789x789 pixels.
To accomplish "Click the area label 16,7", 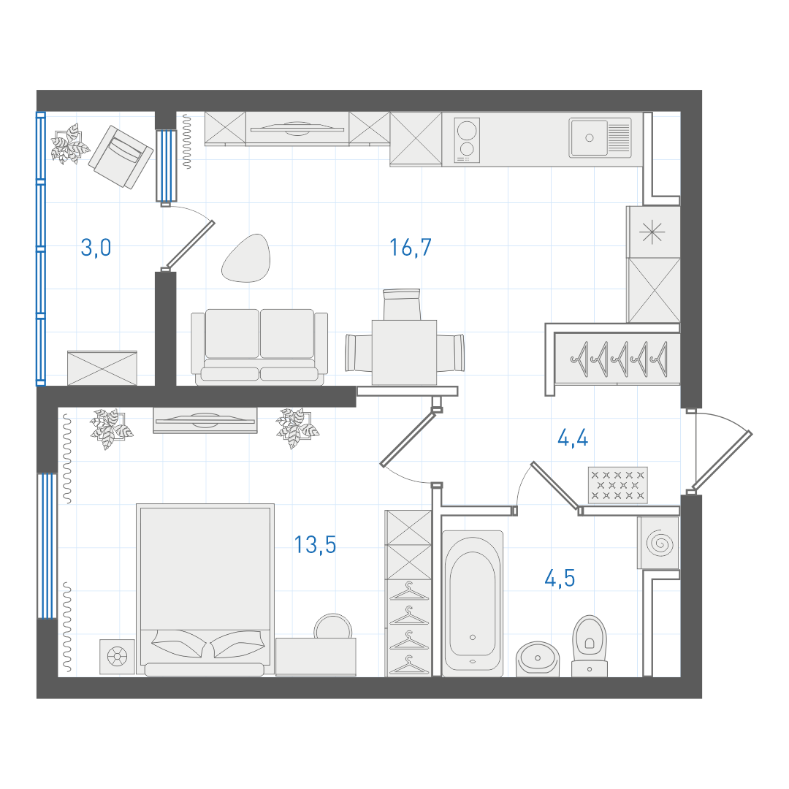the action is pos(410,248).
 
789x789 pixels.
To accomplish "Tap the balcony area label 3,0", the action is pos(96,248).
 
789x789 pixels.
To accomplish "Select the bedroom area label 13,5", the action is pos(315,544).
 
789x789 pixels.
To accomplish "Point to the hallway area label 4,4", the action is pos(573,438).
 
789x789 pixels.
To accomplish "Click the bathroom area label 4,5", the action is pos(560,578).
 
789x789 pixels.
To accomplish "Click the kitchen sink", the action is pos(600,138).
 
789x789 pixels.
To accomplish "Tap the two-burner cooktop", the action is pos(467,140).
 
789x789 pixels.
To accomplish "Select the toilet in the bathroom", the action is pos(590,646).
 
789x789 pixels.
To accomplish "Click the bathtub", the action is pos(473,603).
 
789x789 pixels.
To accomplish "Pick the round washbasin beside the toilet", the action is pos(538,659).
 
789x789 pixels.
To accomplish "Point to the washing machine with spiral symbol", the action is pos(659,543).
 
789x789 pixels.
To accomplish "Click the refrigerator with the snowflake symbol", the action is pos(653,232).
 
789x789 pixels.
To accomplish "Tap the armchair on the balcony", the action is pos(121,156).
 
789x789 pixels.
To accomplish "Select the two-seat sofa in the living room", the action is pos(259,347).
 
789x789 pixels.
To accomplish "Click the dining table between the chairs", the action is pos(404,352).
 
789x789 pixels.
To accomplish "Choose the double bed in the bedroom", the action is pos(205,590).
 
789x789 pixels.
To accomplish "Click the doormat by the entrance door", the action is pos(618,485).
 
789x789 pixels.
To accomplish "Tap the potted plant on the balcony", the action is pos(69,144).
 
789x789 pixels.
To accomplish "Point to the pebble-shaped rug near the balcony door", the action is pos(247,258).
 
